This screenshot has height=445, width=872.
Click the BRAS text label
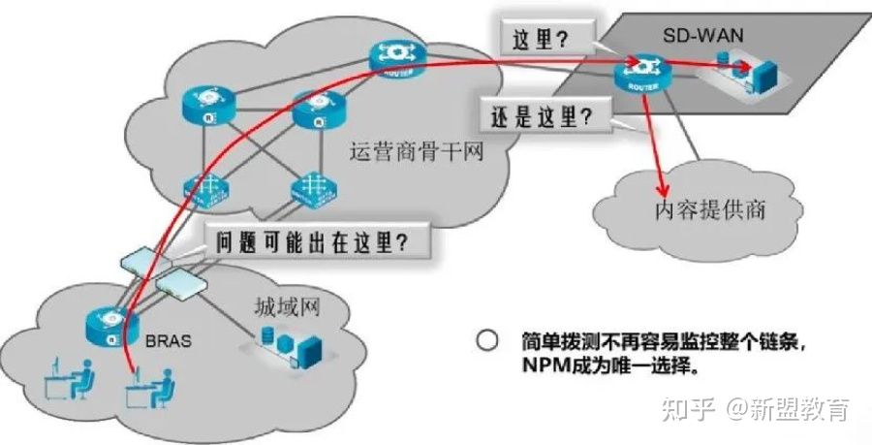[x=171, y=342]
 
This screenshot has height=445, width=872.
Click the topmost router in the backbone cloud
[x=396, y=57]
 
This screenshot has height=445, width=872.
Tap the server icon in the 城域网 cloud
[x=299, y=345]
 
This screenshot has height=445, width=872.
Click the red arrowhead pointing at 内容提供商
[x=664, y=188]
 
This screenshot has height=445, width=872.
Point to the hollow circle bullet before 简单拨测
[x=488, y=341]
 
